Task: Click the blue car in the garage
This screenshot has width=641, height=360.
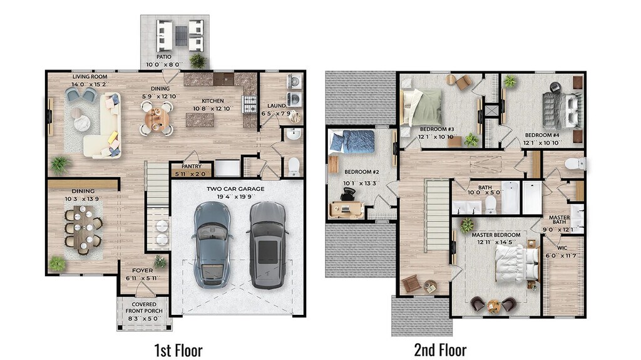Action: pos(212,245)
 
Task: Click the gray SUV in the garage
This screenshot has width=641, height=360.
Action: pos(268,245)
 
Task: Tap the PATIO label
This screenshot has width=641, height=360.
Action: pos(164,57)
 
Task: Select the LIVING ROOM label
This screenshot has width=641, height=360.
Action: pos(90,76)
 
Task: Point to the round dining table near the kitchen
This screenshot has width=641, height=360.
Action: pos(157,118)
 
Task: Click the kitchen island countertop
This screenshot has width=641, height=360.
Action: pos(200,120)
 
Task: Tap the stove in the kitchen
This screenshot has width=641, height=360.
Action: pos(250,103)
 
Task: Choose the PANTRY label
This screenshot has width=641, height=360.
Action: pos(192,167)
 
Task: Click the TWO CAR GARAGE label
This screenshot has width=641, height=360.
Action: pos(235,189)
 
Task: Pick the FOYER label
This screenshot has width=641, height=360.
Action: pos(142,270)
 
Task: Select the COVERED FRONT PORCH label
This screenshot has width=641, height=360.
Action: pos(144,307)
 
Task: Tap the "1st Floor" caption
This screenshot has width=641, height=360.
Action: pos(178,350)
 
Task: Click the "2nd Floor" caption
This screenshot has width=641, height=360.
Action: pos(440,350)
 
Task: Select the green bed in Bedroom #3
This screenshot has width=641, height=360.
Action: pos(421,107)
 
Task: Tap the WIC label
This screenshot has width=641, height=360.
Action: pos(562,248)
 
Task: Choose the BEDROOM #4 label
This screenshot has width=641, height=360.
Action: pos(542,135)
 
